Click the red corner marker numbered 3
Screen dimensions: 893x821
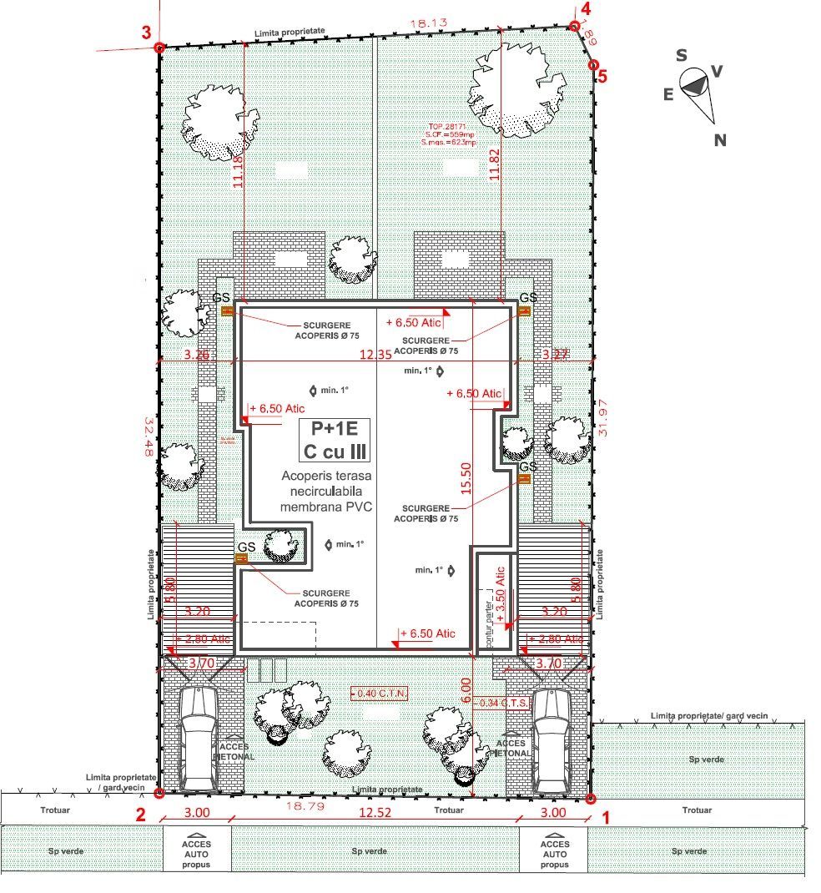pos(159,48)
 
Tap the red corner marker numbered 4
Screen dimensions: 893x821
pos(574,27)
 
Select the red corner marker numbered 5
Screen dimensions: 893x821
pos(593,64)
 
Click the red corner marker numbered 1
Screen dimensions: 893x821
pos(590,800)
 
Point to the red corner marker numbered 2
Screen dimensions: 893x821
pos(159,794)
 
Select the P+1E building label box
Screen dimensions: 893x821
pos(335,440)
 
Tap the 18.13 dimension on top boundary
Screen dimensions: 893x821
pos(426,24)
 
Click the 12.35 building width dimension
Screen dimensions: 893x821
pos(375,355)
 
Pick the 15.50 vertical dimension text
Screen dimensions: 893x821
pos(466,478)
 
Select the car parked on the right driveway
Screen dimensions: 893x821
pos(552,741)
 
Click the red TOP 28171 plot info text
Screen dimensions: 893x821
pos(449,136)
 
